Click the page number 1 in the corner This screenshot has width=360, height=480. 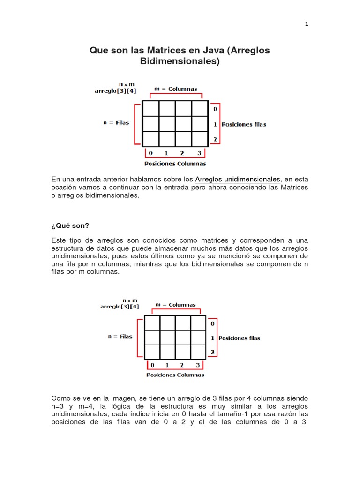[307, 25]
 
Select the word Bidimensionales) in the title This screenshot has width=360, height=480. [180, 61]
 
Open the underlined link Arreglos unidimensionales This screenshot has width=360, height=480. [238, 179]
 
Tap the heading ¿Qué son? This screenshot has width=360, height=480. [70, 225]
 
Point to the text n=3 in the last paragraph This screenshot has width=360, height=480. [60, 406]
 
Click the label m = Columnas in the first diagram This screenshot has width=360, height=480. [176, 89]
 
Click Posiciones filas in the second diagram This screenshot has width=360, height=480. [239, 338]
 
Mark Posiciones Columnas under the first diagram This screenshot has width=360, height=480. [175, 164]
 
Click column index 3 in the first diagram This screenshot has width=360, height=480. [199, 153]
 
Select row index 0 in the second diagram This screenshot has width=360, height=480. [212, 323]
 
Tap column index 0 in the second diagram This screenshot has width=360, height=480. [151, 365]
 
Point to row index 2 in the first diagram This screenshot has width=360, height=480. [215, 139]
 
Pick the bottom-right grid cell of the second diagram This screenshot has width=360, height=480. [198, 352]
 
